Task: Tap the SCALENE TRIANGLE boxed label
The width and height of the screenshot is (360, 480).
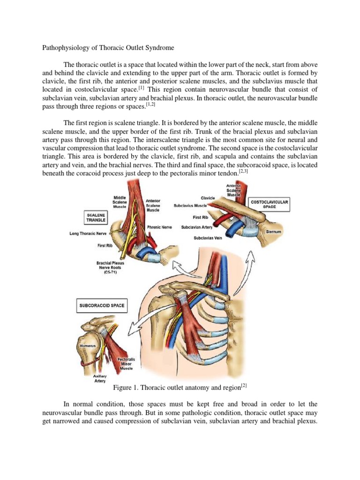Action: (x=96, y=216)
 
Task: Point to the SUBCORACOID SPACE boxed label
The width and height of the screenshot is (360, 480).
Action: (x=101, y=306)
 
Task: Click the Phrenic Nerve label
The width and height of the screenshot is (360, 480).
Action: (x=159, y=227)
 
